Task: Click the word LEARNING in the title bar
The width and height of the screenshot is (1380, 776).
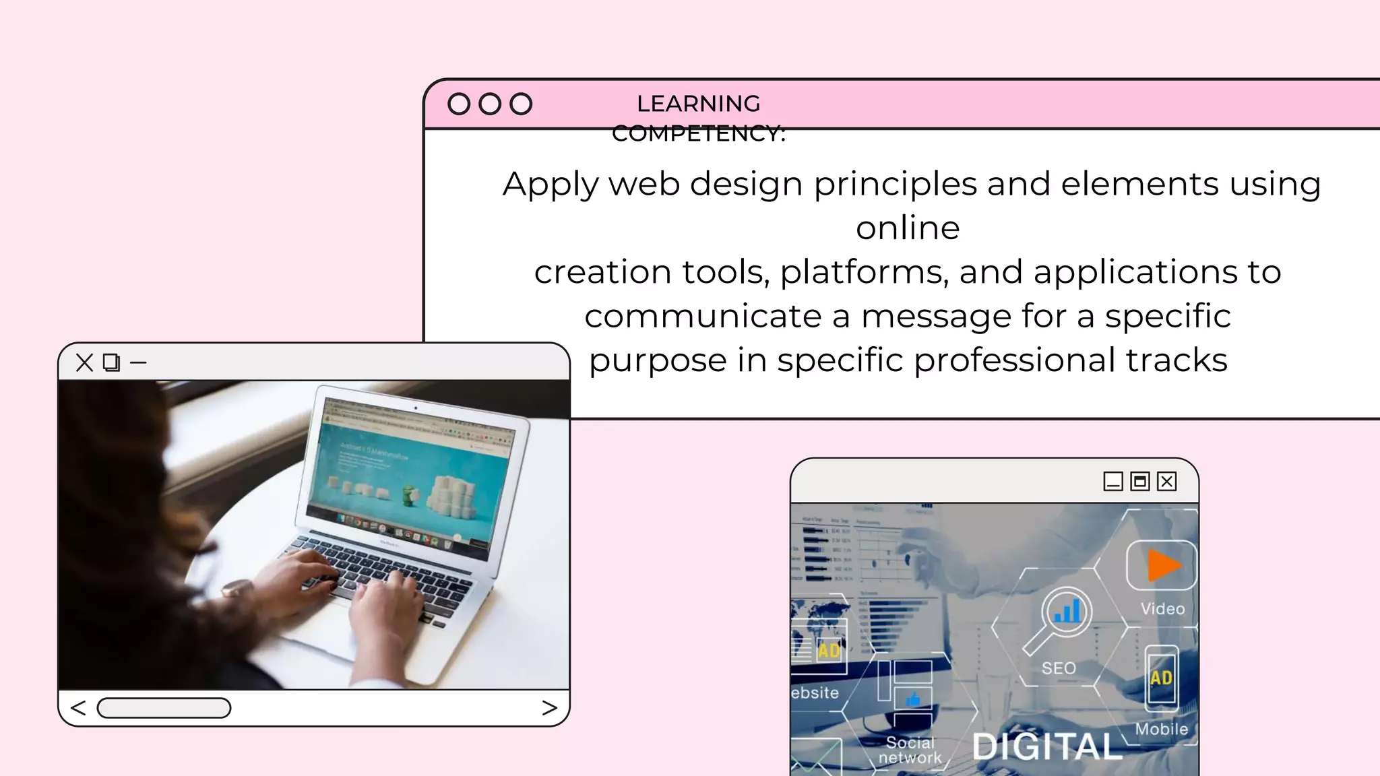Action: coord(698,104)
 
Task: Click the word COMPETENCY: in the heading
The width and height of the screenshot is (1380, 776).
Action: coord(698,133)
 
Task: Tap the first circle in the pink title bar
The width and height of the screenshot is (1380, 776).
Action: coord(459,104)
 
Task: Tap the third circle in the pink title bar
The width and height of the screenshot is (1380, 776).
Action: coord(521,104)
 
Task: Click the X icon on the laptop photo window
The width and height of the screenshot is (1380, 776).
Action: coord(84,362)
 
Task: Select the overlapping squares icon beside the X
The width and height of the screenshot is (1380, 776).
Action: coord(111,362)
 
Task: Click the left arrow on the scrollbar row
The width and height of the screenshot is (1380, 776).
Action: coord(78,708)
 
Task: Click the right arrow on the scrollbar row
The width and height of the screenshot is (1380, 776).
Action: coord(549,708)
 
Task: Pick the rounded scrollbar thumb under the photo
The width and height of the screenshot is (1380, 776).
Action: coord(164,708)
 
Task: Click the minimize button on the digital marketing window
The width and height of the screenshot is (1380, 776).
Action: coord(1112,482)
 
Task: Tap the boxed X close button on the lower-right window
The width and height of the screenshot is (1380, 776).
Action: coord(1167,482)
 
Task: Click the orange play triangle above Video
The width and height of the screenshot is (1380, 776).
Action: coord(1162,565)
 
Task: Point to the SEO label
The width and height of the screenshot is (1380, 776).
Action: coord(1059,668)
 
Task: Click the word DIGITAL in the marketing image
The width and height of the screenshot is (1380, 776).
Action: coord(1047,746)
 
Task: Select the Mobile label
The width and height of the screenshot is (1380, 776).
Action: coord(1161,729)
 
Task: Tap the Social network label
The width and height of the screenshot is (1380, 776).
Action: coord(910,750)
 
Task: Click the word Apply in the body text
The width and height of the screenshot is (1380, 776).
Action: coord(551,185)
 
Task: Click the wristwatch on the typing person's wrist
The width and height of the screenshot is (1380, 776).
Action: coord(237,589)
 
